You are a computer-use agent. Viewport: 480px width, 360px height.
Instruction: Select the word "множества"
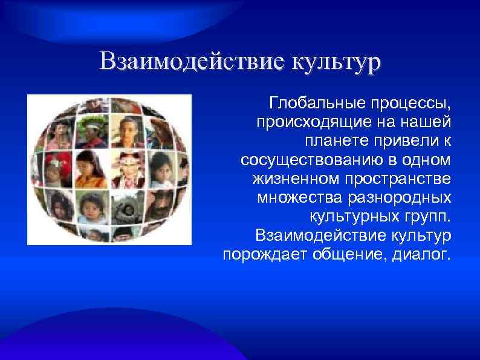[x=293, y=197]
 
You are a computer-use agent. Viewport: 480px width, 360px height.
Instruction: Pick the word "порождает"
[x=264, y=254]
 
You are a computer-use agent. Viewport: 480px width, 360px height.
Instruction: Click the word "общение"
[x=351, y=254]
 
